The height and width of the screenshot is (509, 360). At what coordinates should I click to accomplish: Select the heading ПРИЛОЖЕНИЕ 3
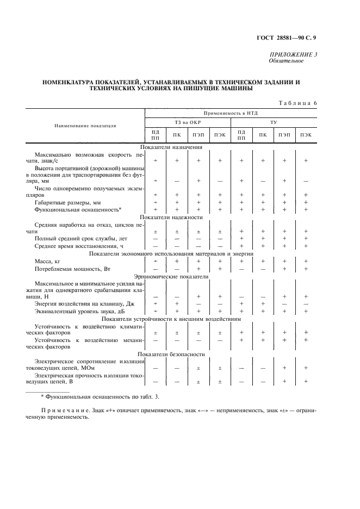(294, 54)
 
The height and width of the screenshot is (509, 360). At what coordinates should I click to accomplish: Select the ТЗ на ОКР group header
(188, 122)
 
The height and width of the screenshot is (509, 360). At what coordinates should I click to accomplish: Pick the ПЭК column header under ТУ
(305, 134)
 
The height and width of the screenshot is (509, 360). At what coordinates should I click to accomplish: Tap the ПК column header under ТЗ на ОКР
(177, 134)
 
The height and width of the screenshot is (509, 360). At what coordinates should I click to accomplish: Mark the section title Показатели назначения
(171, 147)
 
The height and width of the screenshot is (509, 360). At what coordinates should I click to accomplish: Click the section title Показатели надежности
(171, 217)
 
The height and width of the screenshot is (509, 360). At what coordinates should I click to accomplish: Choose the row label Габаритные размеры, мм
(64, 202)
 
